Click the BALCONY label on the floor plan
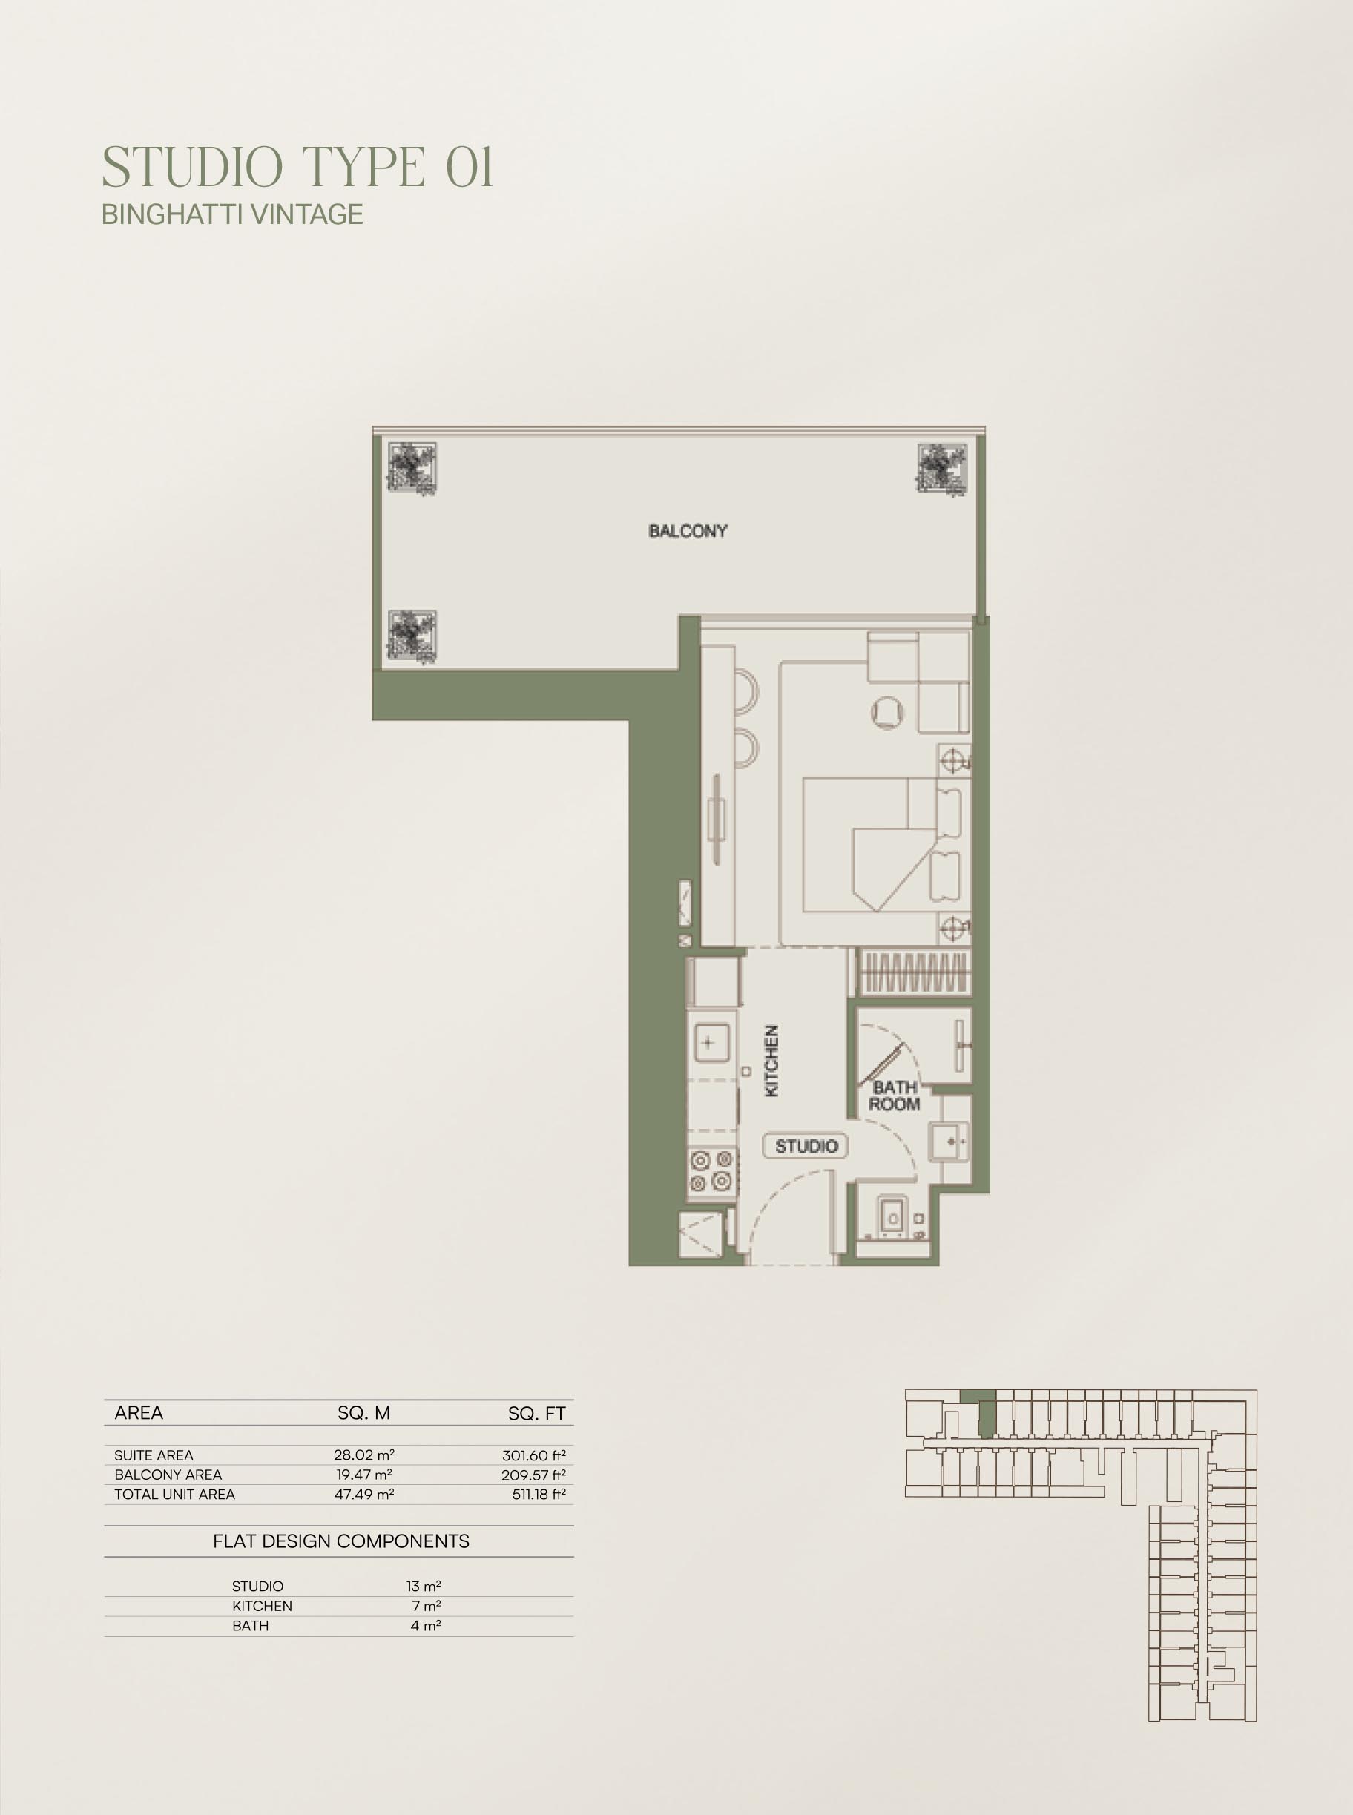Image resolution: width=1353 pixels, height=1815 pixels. tap(688, 531)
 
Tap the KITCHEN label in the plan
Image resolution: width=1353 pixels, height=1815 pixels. tap(771, 1060)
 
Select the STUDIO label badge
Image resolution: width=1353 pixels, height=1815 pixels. tap(806, 1146)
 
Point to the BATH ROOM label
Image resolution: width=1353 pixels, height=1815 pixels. tap(895, 1096)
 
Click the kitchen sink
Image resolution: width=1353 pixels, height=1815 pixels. tap(709, 1044)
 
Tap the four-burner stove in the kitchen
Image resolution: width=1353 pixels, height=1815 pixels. tap(711, 1170)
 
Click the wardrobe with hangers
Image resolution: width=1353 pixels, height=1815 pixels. tap(914, 973)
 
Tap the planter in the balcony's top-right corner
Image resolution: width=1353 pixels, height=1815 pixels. tap(942, 469)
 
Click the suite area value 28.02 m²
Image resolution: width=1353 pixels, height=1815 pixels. tap(363, 1455)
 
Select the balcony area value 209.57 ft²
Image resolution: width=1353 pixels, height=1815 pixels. tap(533, 1475)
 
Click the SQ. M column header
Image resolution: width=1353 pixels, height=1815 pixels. tap(363, 1413)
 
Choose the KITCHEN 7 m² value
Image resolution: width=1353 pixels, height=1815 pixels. tap(426, 1606)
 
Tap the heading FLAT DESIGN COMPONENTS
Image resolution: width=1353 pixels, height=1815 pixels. tap(340, 1541)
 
